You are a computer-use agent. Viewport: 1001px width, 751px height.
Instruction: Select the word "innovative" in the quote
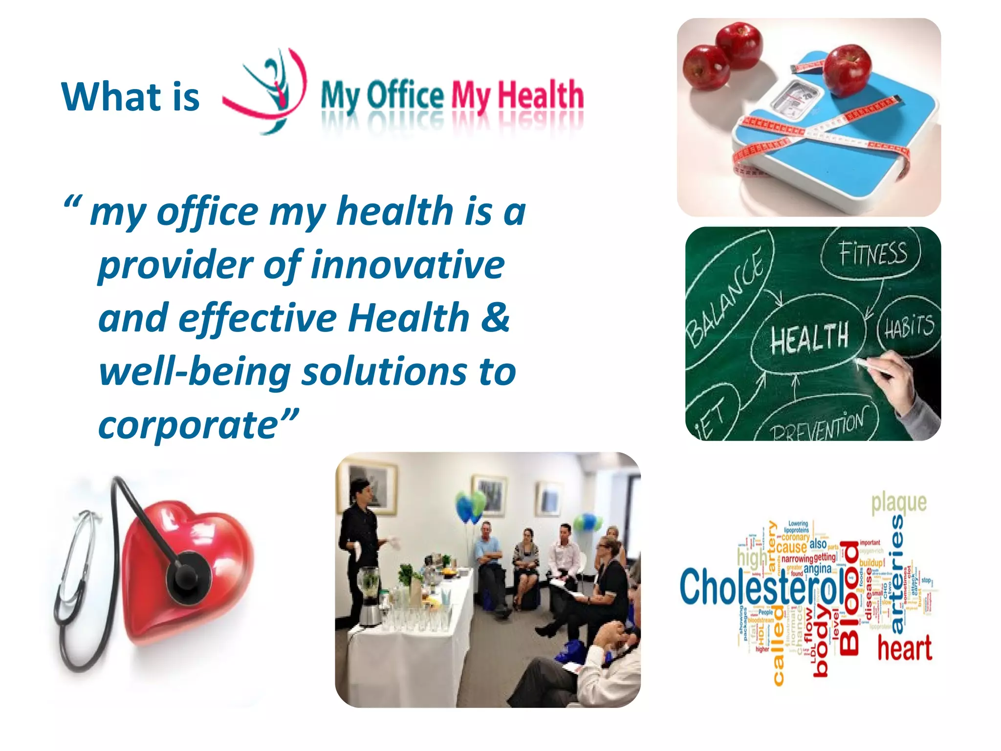408,265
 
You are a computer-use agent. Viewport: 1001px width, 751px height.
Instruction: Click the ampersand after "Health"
495,318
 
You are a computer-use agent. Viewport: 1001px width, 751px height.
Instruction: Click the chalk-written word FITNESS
872,254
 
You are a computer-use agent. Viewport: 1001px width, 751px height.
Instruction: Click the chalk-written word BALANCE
724,297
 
